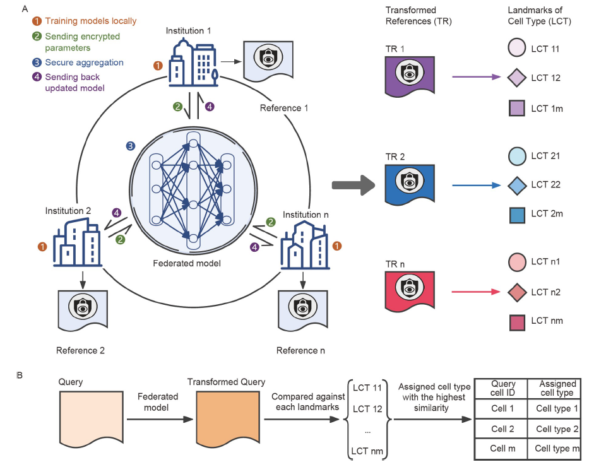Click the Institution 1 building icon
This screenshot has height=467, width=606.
click(193, 63)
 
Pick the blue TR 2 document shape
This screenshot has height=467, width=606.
click(410, 184)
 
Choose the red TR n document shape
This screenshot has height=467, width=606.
click(410, 291)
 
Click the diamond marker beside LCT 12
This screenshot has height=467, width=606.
click(517, 78)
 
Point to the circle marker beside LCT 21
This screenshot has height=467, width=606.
click(517, 156)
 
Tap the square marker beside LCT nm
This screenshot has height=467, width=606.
click(517, 321)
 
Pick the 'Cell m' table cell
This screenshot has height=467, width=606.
click(502, 449)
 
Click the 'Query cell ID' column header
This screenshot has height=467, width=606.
click(502, 388)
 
